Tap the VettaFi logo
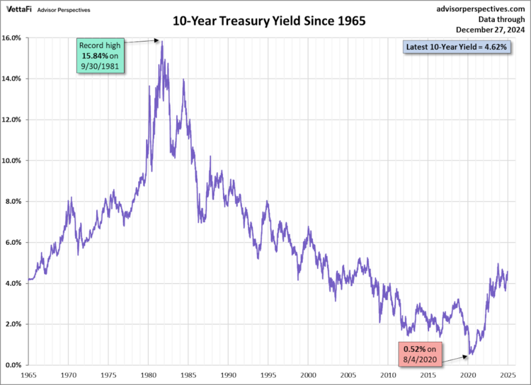pos(21,9)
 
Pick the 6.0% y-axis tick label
pos(16,242)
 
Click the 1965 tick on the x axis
pos(29,374)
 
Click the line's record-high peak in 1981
pos(162,41)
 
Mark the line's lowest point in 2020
pos(469,355)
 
